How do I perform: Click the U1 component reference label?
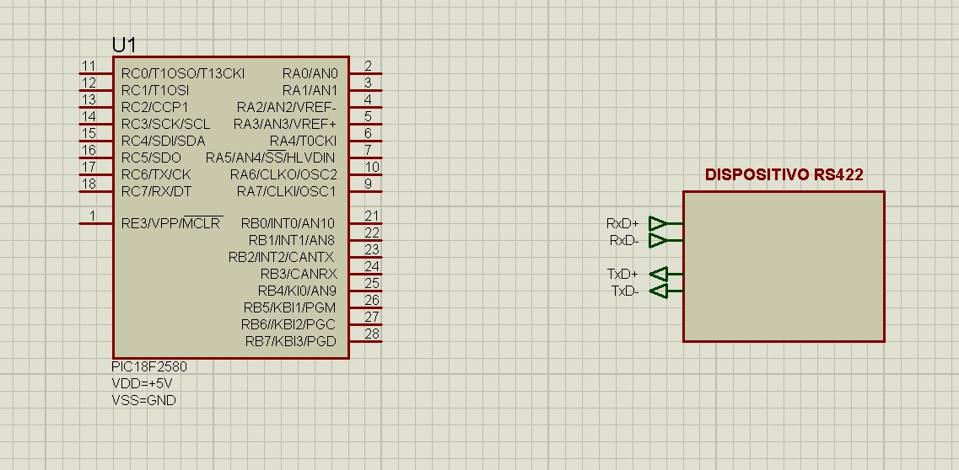pos(124,45)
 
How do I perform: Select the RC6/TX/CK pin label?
pos(156,174)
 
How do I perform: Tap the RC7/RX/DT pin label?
pos(156,192)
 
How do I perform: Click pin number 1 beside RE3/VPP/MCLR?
pos(92,216)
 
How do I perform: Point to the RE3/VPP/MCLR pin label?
pos(172,223)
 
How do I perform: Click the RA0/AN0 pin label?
pos(310,74)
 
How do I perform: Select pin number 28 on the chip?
pos(372,334)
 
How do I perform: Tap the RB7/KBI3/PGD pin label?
pos(290,341)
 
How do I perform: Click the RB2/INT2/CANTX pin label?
pos(282,257)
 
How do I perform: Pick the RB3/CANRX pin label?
pos(299,274)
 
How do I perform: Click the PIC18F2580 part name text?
pos(149,367)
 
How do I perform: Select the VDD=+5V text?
pos(142,383)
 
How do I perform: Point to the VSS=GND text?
pos(143,400)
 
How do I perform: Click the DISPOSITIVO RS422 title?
pos(784,175)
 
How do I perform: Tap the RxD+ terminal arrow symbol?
pos(658,223)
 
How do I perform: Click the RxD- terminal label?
pos(624,241)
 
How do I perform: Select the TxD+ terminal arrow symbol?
pos(658,274)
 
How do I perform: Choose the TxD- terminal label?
pos(625,291)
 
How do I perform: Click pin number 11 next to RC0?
pos(89,66)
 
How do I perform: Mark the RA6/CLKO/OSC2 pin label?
pos(283,174)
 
